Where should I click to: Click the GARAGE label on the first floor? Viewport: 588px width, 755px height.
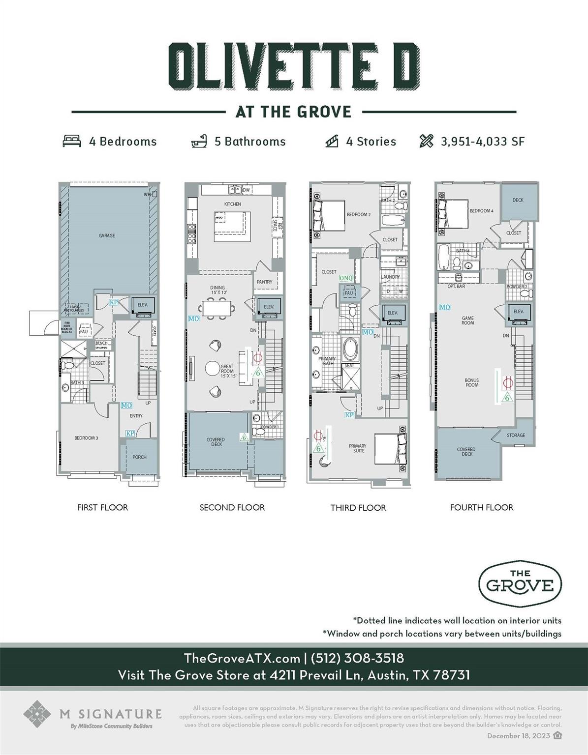(107, 235)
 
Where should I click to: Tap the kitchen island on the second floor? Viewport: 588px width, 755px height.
(232, 226)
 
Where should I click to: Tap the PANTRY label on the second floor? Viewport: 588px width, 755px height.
(264, 282)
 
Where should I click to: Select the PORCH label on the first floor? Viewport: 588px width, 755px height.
(139, 457)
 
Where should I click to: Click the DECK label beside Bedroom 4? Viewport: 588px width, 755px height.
(518, 200)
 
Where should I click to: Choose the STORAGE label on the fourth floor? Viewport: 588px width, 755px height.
(516, 435)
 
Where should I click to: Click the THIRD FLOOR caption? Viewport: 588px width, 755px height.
(358, 508)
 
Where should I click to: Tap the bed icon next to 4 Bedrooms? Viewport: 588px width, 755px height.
(72, 142)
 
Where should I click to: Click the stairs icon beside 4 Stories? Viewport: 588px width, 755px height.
(332, 142)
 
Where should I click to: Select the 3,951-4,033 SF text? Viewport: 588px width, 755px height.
(482, 142)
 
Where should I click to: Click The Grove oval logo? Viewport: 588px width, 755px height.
(520, 581)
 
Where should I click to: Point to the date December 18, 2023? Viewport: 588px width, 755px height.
(519, 736)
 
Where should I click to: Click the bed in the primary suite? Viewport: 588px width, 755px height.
(391, 448)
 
